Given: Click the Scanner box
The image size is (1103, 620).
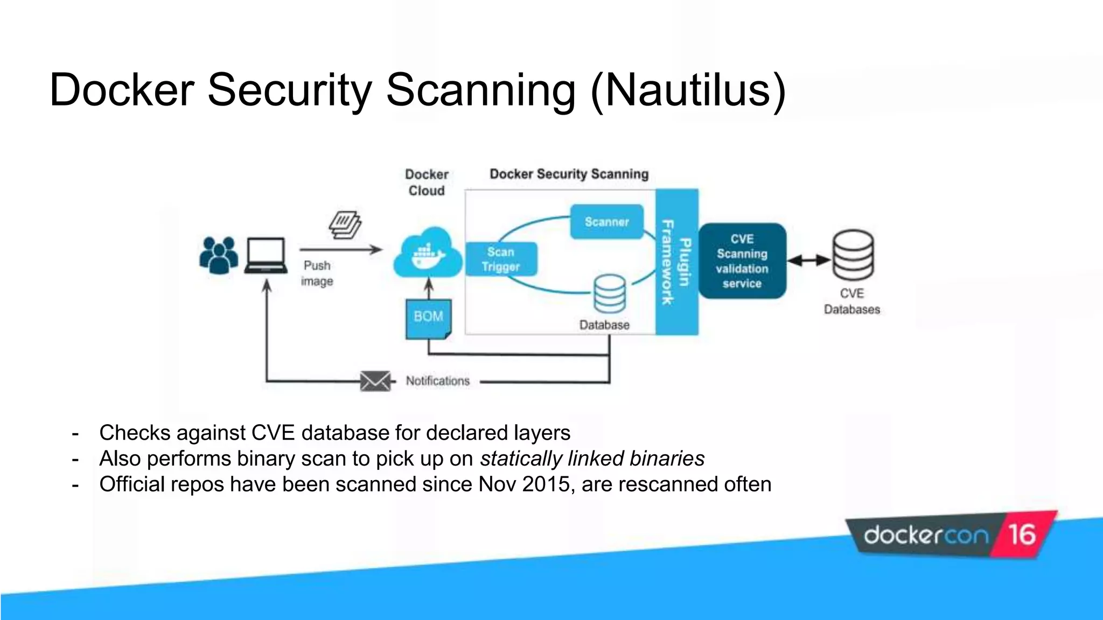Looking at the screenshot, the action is pos(606,222).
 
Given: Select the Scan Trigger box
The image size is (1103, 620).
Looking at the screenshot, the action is pos(501,259).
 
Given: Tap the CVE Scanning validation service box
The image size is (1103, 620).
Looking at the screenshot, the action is pos(742,261).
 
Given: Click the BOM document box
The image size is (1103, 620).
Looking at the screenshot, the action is pos(428,319).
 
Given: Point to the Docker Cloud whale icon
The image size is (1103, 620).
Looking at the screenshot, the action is pos(428,255).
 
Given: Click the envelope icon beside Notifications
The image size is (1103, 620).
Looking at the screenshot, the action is pos(375,381).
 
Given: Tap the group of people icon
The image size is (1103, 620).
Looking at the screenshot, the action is pos(218,255).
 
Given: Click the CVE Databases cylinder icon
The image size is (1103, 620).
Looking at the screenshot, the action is pos(853,255).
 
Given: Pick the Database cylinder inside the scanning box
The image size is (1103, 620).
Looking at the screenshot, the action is pos(610,294).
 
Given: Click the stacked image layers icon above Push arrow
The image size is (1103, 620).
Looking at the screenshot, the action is pos(345,225).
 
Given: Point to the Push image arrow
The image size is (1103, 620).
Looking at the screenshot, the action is pos(341,250).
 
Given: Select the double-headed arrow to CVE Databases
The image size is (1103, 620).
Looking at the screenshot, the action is pos(809,260).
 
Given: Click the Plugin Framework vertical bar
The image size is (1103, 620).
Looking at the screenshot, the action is pos(676,262).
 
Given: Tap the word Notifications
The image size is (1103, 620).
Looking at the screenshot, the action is pos(437,381).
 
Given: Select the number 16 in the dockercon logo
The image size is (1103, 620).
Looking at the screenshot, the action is pos(1022,535).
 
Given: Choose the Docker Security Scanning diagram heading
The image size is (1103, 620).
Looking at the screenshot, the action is pos(569,174).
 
